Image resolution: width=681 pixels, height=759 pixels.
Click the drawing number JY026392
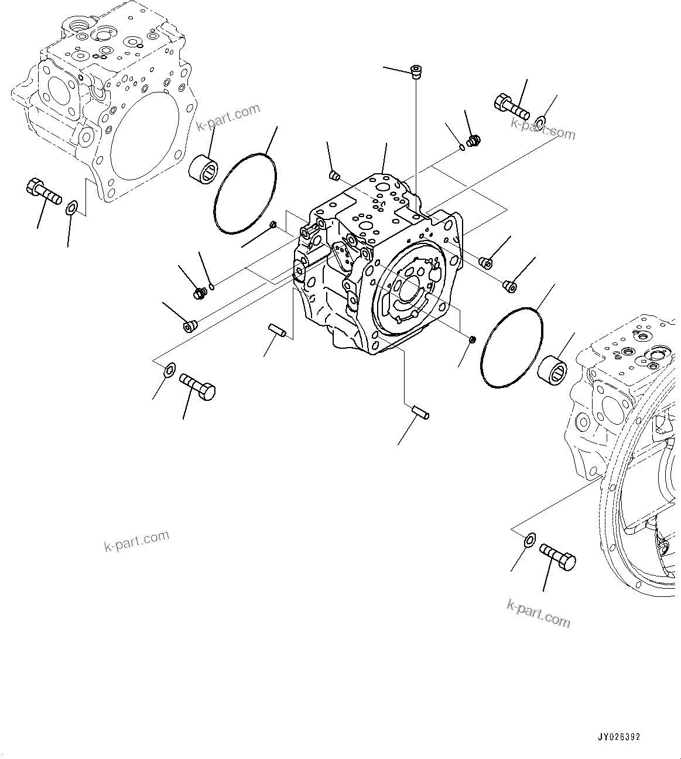coord(619,737)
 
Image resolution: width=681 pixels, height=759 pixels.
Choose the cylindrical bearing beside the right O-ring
coord(553,370)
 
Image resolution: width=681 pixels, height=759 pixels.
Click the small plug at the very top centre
coord(416,72)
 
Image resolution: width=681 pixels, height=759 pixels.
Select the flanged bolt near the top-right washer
coord(511,107)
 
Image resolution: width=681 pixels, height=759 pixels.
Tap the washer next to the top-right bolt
coord(540,121)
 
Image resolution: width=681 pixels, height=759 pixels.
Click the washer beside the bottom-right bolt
coord(528,540)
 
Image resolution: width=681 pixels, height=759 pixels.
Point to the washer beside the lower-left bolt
coord(170,369)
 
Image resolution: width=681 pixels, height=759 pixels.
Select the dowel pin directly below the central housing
coord(420,413)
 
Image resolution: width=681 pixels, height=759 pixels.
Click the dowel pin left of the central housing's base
coord(276,331)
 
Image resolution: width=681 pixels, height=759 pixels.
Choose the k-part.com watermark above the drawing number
coord(538,612)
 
